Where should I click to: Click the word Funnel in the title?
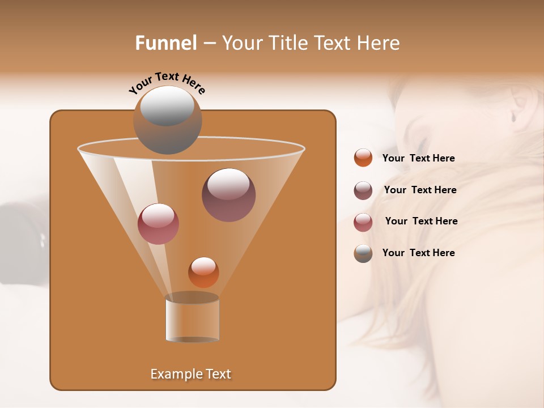pos(165,43)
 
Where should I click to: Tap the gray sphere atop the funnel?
pos(168,120)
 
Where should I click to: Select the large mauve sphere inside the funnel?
pos(228,194)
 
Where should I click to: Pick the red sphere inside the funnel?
pos(158,224)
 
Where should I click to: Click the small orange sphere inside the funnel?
pos(203,272)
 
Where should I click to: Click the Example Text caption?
pos(190,374)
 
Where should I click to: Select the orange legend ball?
pos(363,158)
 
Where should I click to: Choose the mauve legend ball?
pos(363,190)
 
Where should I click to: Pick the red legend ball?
pos(363,222)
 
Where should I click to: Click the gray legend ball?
pos(363,253)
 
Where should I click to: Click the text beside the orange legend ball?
pos(418,159)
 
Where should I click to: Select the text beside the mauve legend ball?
pos(420,190)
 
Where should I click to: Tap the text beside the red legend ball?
pos(421,222)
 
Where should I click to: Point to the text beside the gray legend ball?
pos(418,253)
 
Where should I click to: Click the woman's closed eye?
pos(422,142)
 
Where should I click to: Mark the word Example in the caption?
pos(176,374)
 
